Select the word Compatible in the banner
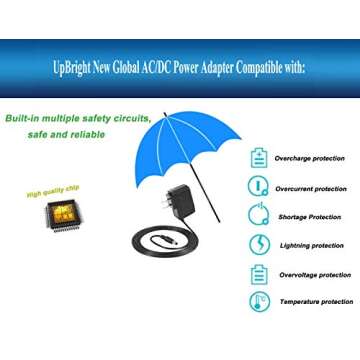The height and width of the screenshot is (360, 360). pos(265,67)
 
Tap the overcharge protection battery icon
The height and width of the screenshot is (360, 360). pos(259,158)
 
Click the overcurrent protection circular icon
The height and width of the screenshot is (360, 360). pos(259,187)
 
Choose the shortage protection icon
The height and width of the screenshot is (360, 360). pos(259,216)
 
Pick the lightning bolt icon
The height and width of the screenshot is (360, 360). pos(259,245)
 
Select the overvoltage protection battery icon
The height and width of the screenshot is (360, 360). pos(259,274)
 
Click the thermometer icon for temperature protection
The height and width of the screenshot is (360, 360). pos(259,301)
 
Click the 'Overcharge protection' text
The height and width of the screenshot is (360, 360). pos(310,158)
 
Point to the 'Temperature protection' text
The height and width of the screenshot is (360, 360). pos(315,301)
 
